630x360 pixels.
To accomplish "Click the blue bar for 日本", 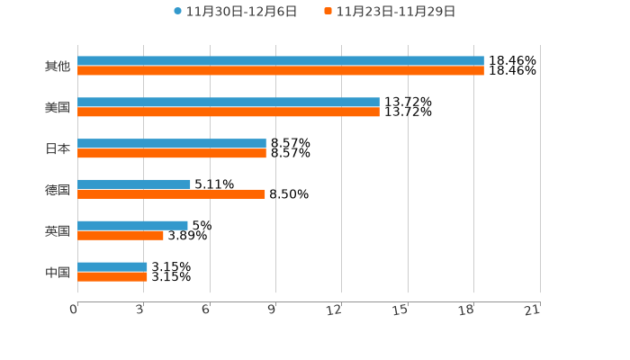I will tap(172, 144).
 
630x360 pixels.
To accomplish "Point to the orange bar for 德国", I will tap(171, 194).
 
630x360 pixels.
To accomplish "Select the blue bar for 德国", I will tap(134, 184).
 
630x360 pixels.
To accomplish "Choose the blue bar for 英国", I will tap(132, 225).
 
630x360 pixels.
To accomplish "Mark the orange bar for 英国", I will tap(121, 236).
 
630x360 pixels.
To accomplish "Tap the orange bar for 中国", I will tap(112, 276).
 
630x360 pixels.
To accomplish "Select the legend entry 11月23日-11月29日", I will tap(395, 12).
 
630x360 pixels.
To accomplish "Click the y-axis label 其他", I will tap(58, 66).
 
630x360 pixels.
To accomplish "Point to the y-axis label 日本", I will tap(58, 148).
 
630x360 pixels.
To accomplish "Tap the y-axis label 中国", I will tap(58, 272).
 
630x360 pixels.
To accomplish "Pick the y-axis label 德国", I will tap(58, 190).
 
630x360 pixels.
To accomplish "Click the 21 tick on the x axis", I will tap(532, 310).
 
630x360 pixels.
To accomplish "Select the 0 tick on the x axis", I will tap(75, 310).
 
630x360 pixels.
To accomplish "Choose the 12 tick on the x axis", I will tap(334, 310).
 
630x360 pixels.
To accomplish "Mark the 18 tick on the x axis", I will tap(466, 310).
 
